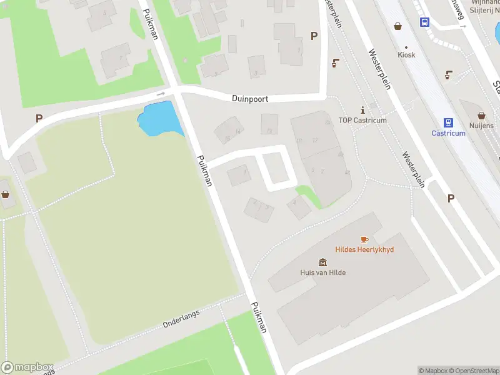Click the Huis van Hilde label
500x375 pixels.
click(322, 272)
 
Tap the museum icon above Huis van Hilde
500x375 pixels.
click(322, 262)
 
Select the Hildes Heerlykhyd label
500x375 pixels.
click(365, 249)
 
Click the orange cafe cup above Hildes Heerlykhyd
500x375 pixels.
click(365, 239)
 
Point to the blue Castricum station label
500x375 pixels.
click(449, 133)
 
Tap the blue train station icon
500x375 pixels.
click(448, 122)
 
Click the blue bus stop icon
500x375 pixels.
click(425, 22)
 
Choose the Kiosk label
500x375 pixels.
click(406, 55)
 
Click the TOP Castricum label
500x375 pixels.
click(362, 121)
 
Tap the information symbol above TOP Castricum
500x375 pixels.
click(362, 110)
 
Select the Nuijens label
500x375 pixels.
click(482, 126)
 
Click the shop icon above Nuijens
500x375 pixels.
click(482, 116)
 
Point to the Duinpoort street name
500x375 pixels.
click(250, 99)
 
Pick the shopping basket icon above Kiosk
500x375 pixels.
click(398, 26)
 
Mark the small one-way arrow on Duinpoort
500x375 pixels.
click(161, 94)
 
